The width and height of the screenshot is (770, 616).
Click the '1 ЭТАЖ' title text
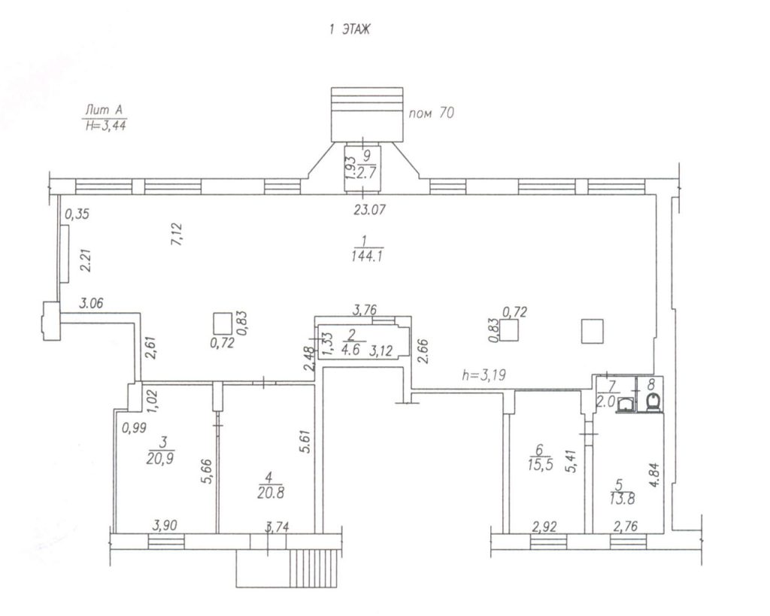click(350, 29)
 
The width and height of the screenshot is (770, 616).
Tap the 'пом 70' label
click(432, 113)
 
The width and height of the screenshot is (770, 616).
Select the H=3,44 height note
click(106, 126)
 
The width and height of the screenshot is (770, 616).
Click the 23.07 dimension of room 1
click(370, 210)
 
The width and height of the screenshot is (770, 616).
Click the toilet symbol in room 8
click(653, 403)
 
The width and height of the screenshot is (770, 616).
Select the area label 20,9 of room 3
click(161, 459)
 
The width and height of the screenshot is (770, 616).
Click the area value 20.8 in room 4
click(271, 493)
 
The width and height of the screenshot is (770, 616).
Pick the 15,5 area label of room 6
click(540, 464)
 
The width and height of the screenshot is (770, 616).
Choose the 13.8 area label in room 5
click(622, 499)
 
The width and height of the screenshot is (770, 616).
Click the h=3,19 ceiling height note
click(484, 375)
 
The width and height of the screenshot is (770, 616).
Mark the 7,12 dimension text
click(177, 235)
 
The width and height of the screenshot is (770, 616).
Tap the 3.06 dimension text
click(91, 303)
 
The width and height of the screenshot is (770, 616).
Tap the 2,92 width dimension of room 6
click(545, 526)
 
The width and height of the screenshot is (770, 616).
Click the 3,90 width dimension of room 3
click(165, 525)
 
